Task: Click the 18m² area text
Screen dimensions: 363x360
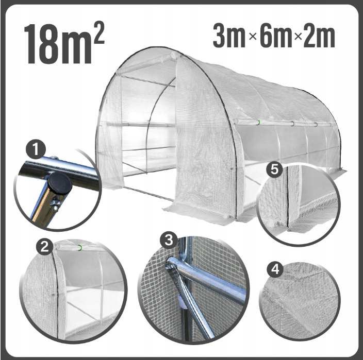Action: [64, 43]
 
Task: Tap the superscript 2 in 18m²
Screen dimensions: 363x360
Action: [98, 34]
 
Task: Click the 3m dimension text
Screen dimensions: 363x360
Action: [229, 36]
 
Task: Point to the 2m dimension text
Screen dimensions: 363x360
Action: [319, 36]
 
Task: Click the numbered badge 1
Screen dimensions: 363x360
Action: [36, 150]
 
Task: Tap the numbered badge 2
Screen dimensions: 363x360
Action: [44, 247]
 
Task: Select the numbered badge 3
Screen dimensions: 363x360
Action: [169, 240]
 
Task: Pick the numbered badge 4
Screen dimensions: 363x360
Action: [275, 269]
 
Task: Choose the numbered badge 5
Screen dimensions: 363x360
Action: [274, 169]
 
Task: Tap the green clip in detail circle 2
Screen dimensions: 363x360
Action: [80, 248]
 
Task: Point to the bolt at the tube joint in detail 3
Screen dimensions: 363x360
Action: [169, 267]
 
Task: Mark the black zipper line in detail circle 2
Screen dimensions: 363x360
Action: [56, 292]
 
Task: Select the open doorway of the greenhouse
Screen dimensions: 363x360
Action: [148, 129]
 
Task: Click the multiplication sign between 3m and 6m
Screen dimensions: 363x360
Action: [253, 37]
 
